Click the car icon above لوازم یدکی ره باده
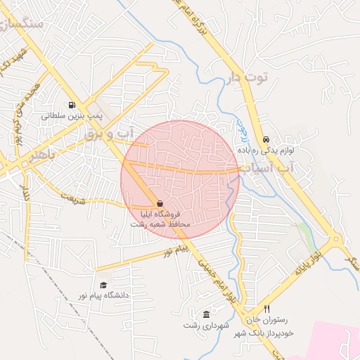(x=266, y=139)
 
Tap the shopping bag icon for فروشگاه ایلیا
(x=160, y=203)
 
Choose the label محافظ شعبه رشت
(x=160, y=223)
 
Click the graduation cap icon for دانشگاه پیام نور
(x=103, y=285)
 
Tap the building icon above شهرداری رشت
(x=205, y=314)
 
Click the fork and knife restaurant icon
(x=266, y=309)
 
